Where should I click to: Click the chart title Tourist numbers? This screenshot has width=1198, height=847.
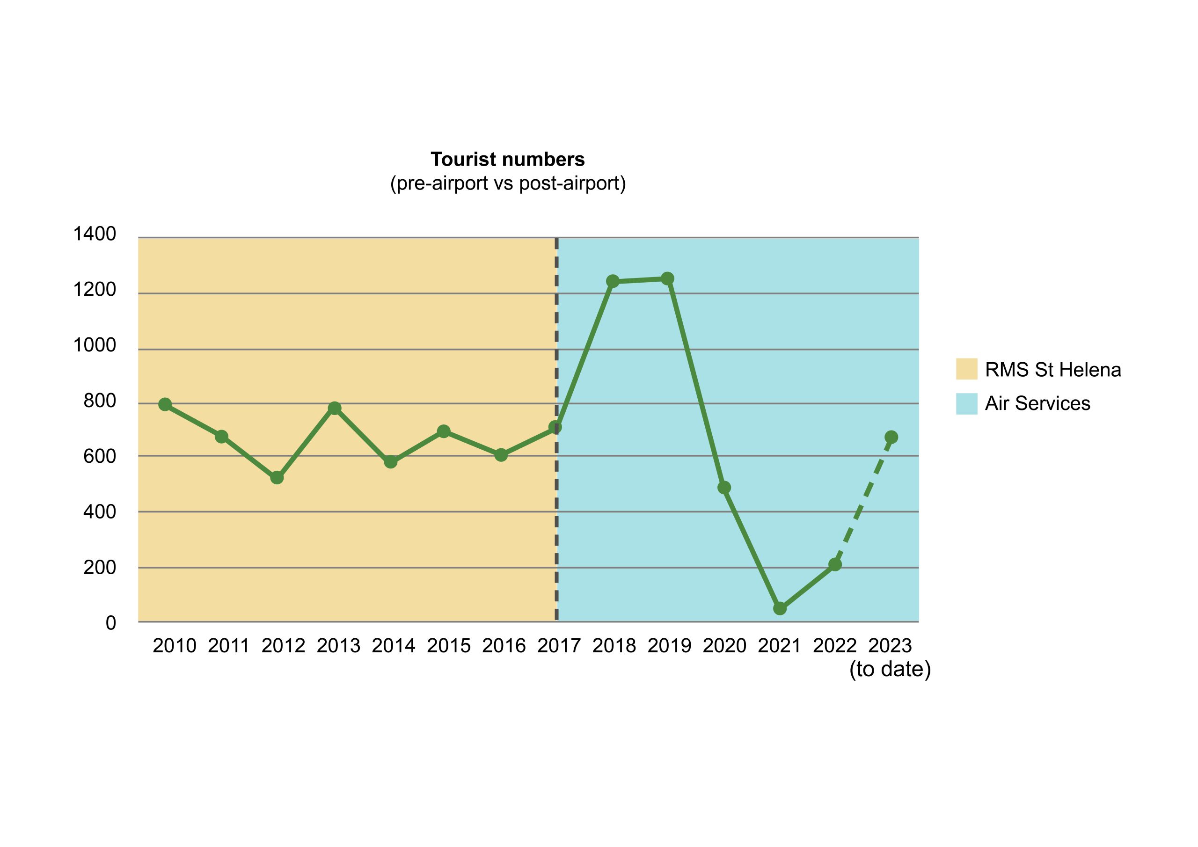(x=507, y=159)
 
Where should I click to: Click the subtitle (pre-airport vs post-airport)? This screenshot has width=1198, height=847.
(x=508, y=183)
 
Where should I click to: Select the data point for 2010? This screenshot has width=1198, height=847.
(x=165, y=404)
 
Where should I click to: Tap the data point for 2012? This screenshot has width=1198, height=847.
(x=277, y=477)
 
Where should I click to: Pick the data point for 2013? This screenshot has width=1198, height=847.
(x=335, y=408)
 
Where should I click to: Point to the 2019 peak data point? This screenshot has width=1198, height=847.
(x=667, y=279)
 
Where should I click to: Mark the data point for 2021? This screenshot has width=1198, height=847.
(x=780, y=608)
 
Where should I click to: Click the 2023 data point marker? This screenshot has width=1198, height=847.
(x=891, y=437)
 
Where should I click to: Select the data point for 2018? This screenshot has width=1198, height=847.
(x=613, y=281)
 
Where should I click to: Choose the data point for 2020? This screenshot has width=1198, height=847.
(x=723, y=488)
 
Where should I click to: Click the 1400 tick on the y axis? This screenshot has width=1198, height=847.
(x=95, y=234)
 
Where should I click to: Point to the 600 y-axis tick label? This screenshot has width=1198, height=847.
(x=100, y=457)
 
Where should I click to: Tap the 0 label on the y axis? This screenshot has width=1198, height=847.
(x=110, y=623)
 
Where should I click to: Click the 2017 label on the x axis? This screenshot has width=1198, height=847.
(x=559, y=646)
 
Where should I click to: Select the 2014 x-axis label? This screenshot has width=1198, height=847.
(x=394, y=646)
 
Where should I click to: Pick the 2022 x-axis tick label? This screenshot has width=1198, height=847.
(x=834, y=646)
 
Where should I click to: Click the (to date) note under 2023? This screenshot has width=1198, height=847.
(x=890, y=670)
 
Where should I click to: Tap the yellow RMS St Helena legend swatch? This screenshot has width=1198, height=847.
(x=966, y=369)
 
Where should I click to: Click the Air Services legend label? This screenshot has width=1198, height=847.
(x=1037, y=403)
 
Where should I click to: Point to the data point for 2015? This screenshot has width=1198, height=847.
(x=444, y=431)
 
